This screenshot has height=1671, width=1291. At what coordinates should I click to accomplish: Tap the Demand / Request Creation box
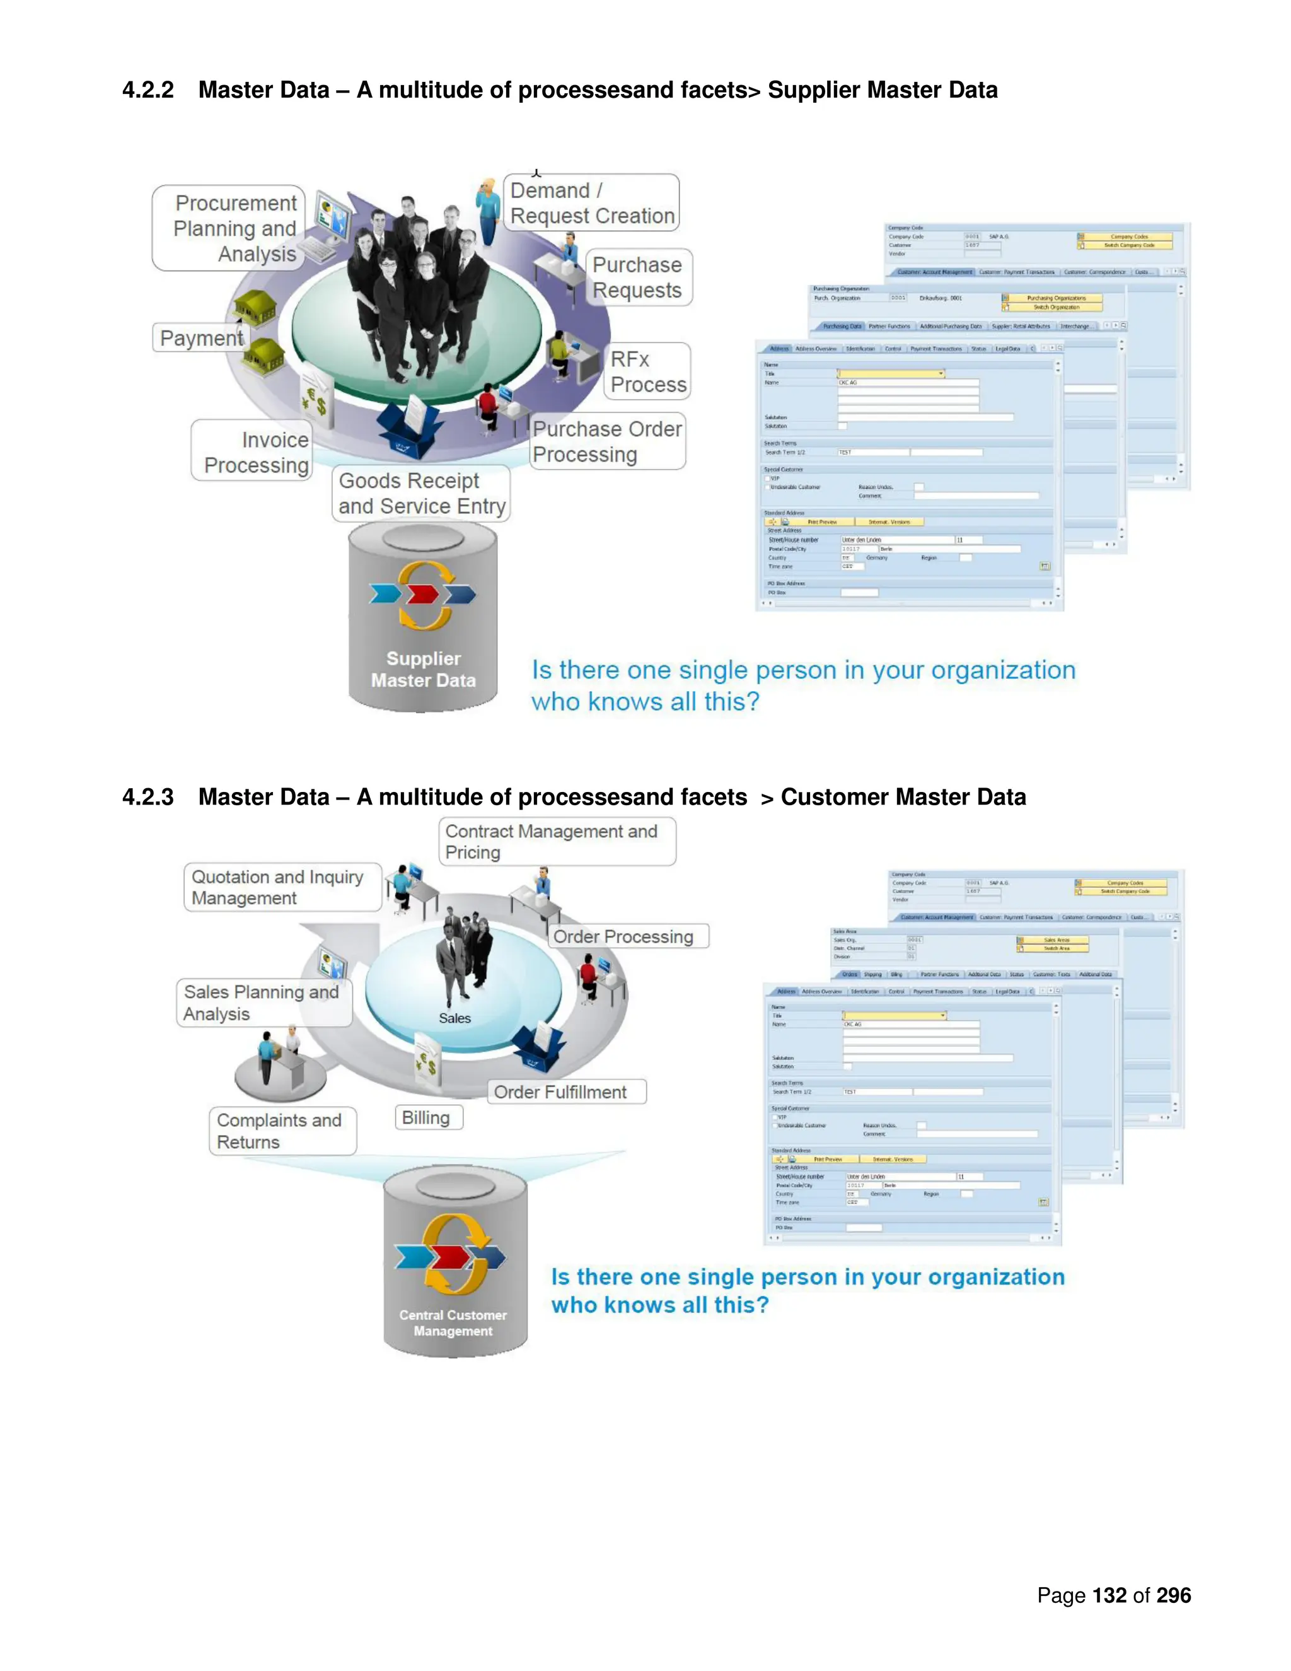(591, 203)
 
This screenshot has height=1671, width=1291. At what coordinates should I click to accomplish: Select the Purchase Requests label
(637, 277)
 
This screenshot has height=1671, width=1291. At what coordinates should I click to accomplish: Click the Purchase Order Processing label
(607, 441)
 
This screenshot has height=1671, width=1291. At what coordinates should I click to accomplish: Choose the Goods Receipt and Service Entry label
(422, 494)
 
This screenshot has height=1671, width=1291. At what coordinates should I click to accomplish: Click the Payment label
(200, 337)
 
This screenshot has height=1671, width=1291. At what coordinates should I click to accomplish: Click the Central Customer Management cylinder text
(453, 1323)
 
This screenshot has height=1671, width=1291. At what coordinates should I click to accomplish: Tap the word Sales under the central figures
(454, 1018)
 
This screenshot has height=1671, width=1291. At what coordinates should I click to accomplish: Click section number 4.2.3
(148, 796)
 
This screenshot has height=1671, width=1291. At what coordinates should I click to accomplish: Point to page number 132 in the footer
(1109, 1595)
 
